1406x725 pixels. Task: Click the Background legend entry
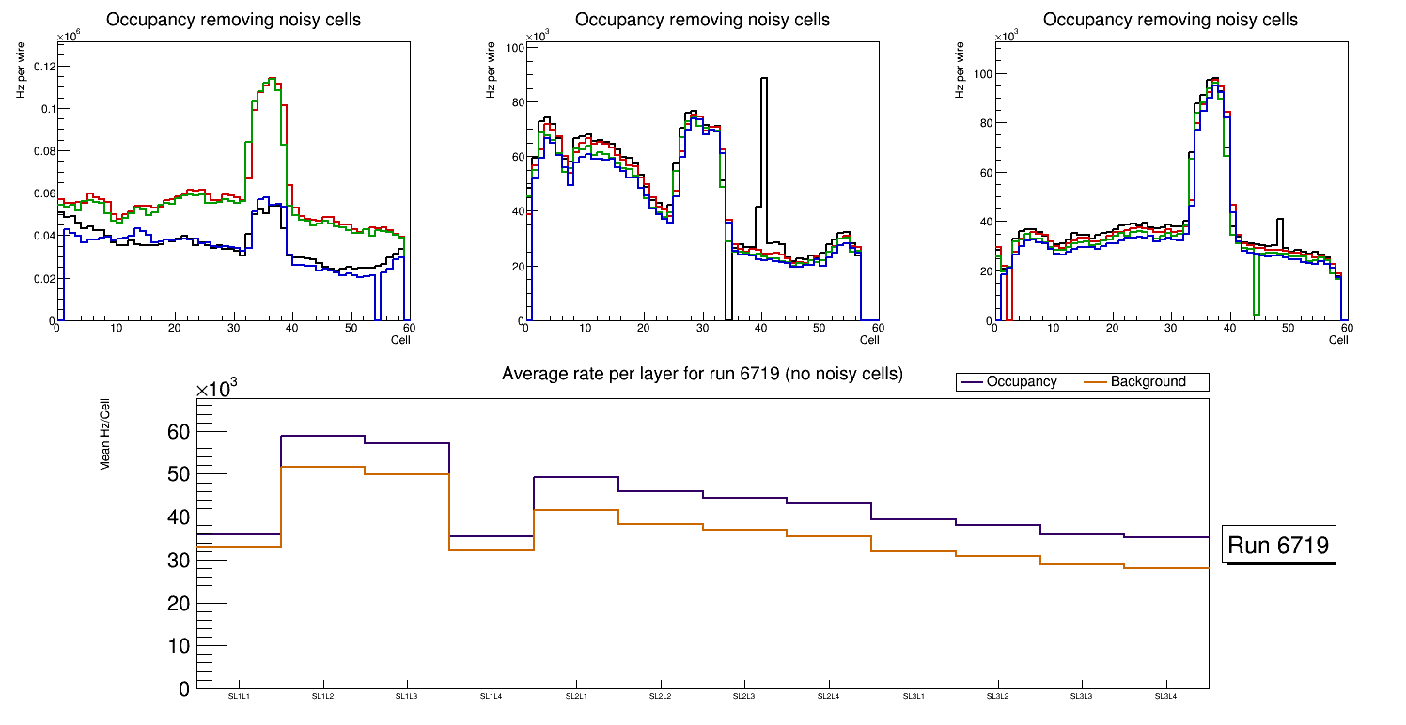(x=1148, y=382)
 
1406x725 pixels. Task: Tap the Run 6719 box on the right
(x=1279, y=546)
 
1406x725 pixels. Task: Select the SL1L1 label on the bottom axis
(x=239, y=697)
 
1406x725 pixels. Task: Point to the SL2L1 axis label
(x=576, y=697)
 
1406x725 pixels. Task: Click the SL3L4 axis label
(x=1166, y=697)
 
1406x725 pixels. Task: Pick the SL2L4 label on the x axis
(x=829, y=697)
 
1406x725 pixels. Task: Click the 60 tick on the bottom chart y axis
(x=179, y=432)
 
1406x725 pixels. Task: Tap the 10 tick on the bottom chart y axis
(x=179, y=646)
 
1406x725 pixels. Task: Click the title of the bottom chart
(x=702, y=374)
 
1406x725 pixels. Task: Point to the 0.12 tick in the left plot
(x=42, y=66)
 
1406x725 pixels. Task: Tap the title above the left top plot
(x=234, y=20)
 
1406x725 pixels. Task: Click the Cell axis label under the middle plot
(x=868, y=340)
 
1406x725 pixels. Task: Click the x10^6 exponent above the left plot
(x=68, y=37)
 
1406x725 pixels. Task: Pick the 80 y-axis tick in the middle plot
(x=515, y=102)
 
